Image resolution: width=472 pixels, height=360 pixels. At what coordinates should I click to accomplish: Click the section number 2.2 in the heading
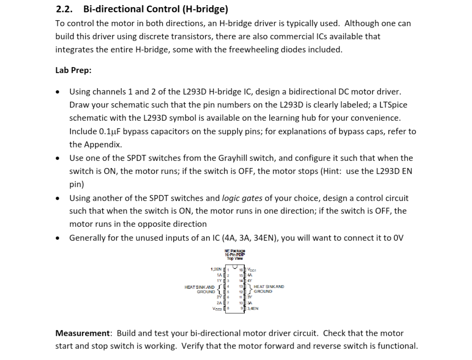64,9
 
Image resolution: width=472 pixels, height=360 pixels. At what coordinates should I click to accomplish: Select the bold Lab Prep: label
73,70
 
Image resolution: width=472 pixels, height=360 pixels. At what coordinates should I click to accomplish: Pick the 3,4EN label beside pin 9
253,308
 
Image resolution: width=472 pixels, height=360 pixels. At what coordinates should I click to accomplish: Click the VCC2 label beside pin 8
217,308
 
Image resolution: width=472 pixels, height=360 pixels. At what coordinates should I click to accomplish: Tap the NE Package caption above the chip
235,251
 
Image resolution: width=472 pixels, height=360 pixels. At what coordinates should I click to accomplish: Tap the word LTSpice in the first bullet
393,105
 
